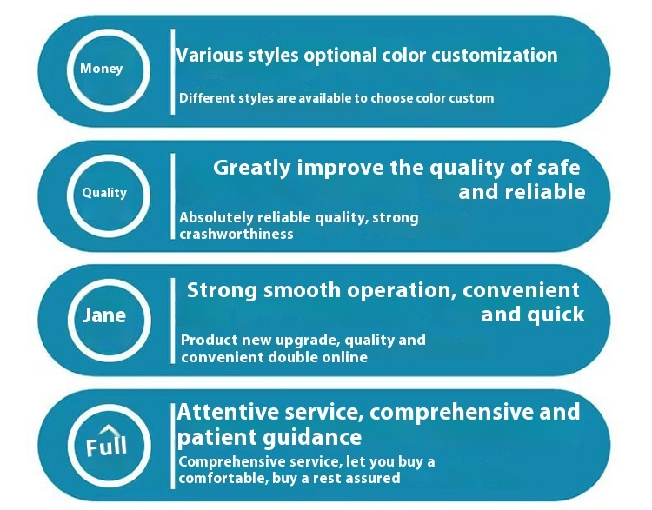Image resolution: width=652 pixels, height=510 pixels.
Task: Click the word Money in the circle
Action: tap(101, 69)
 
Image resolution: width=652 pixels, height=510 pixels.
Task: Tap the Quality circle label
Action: tap(104, 193)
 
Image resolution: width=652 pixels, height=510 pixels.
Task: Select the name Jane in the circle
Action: tap(104, 315)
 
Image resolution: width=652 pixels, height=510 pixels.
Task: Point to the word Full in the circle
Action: tap(106, 447)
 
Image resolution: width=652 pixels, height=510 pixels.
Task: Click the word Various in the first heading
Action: tap(210, 56)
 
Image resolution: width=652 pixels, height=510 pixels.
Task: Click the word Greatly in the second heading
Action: tap(252, 169)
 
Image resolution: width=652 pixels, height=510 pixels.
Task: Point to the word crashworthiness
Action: tap(236, 234)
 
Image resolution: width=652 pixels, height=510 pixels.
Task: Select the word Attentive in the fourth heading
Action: tap(228, 413)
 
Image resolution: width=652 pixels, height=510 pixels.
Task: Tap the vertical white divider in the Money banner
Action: tap(173, 71)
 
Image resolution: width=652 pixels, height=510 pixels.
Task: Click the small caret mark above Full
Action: tap(107, 429)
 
